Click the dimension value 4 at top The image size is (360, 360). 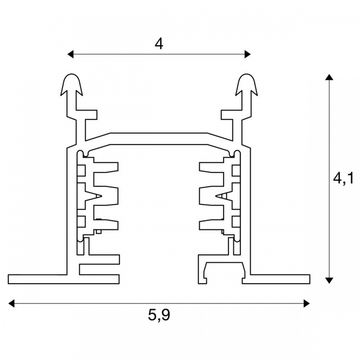[159, 44]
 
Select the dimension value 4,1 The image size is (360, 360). [343, 178]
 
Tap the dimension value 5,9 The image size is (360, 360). [159, 315]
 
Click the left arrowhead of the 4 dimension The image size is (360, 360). [71, 54]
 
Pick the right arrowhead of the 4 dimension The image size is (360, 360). [248, 54]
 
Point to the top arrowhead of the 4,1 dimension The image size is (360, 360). [329, 77]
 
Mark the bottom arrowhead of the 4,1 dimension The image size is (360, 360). [329, 280]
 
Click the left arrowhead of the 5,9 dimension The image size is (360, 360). [11, 303]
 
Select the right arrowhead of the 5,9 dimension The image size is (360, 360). [307, 303]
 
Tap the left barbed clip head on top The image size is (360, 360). [72, 84]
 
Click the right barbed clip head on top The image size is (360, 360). [246, 84]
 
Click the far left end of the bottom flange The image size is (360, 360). [8, 279]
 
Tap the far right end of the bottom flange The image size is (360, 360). [310, 279]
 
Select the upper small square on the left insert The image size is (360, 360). [81, 170]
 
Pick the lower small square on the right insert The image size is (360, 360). [236, 222]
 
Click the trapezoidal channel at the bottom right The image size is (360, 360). [224, 272]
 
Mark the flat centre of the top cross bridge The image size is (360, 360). [159, 139]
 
